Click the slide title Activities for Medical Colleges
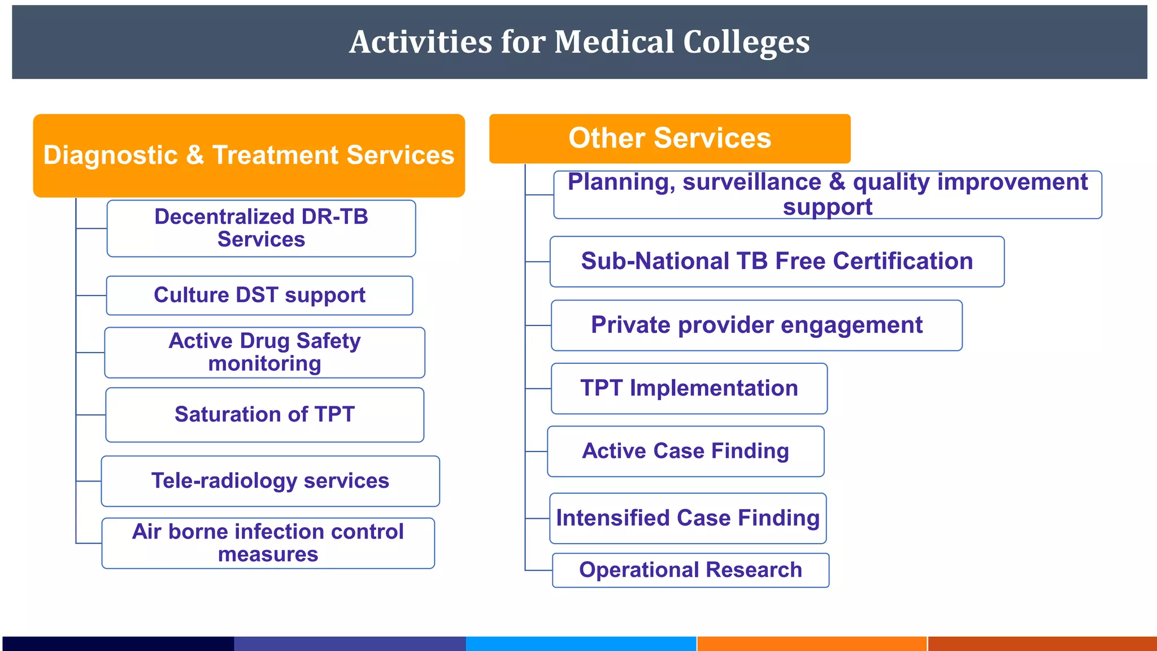[x=579, y=42]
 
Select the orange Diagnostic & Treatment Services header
[x=249, y=155]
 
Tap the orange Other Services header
[x=669, y=138]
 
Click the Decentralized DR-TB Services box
[x=261, y=228]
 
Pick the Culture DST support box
[x=259, y=296]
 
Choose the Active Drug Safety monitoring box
[x=264, y=353]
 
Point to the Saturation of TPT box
[x=264, y=415]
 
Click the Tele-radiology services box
[x=270, y=481]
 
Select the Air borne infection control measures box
[x=268, y=543]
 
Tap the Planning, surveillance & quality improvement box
[x=827, y=194]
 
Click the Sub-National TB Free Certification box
[x=777, y=262]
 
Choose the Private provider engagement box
[x=756, y=325]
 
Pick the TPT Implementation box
[x=689, y=389]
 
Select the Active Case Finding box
[x=685, y=452]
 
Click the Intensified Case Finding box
[x=688, y=518]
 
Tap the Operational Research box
[x=690, y=570]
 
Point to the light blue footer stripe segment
[x=581, y=644]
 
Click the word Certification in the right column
[x=903, y=262]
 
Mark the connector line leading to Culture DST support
[x=91, y=296]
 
